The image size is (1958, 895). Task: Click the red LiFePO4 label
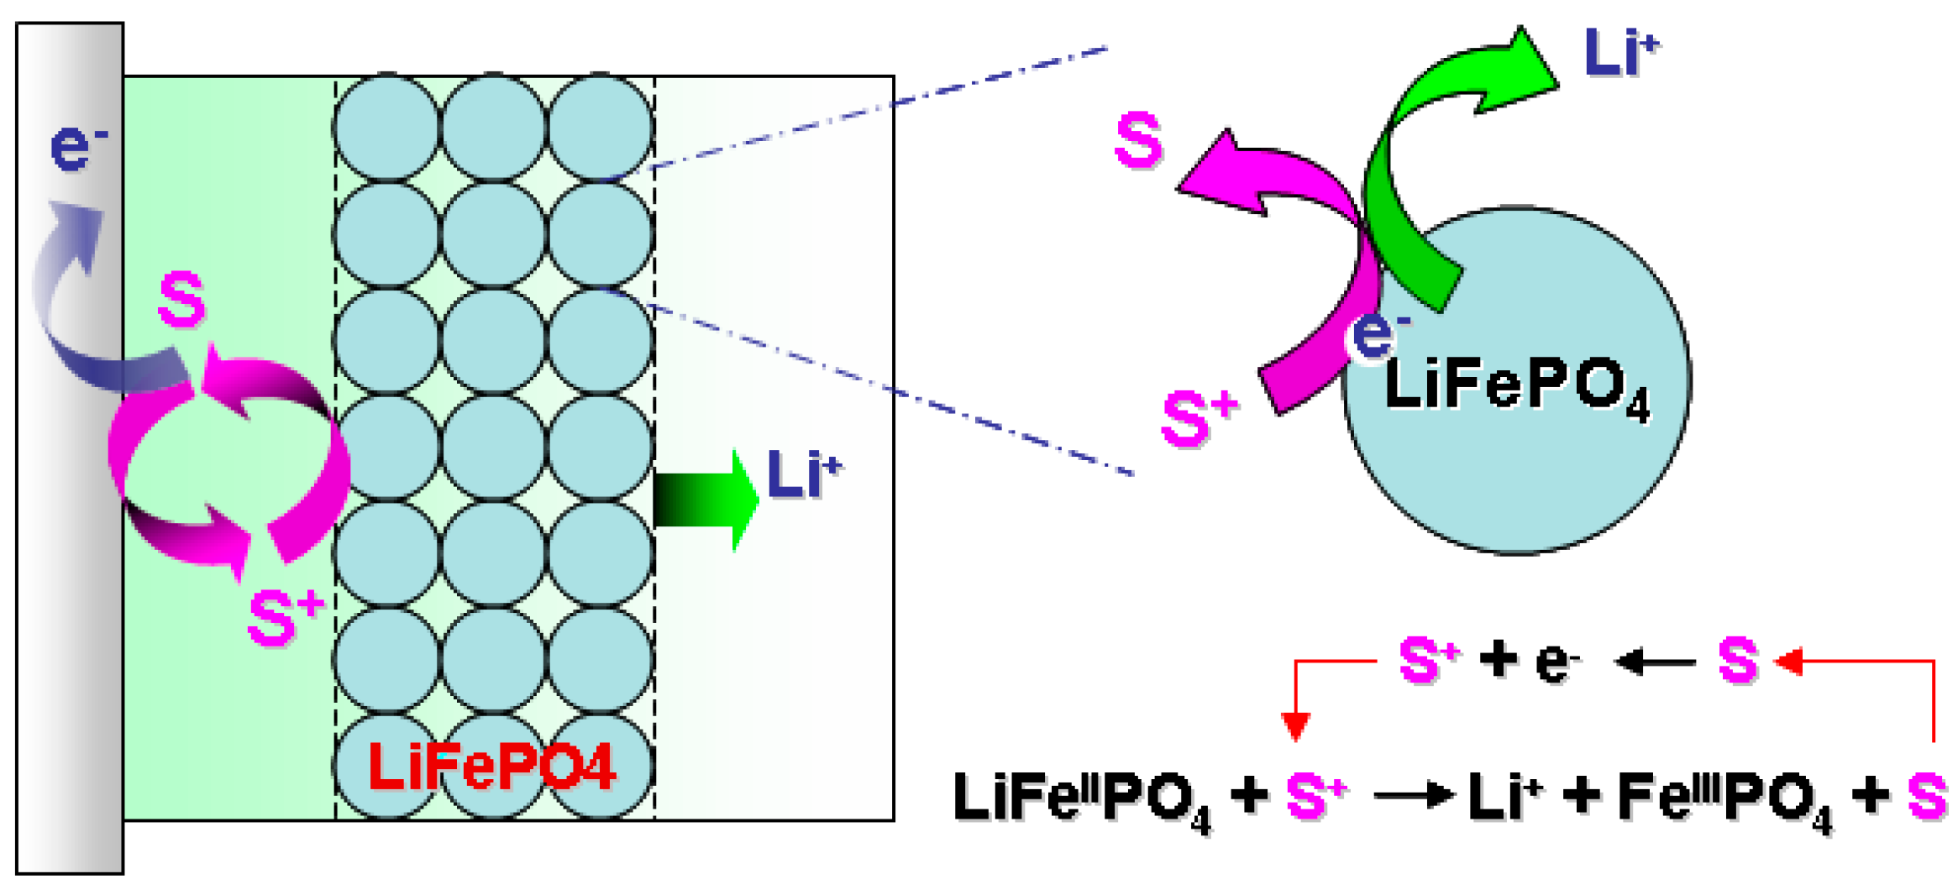point(492,767)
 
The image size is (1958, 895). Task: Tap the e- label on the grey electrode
point(77,147)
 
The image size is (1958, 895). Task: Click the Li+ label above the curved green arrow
point(1619,52)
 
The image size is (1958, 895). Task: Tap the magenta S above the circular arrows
point(181,299)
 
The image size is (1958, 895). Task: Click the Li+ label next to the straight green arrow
point(803,474)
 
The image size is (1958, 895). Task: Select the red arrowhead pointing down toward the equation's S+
point(1296,725)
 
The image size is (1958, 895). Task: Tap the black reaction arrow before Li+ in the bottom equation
point(1414,793)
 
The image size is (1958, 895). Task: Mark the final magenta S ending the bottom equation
point(1926,796)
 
